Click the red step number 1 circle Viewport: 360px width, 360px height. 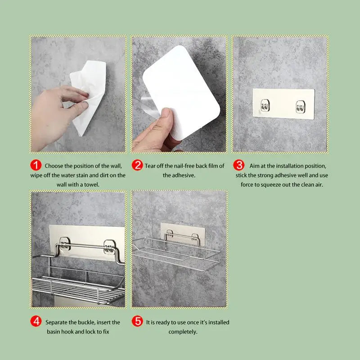point(36,166)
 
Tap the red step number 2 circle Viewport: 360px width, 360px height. point(138,166)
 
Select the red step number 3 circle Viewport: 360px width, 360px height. point(241,166)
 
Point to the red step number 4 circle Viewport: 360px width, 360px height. point(36,322)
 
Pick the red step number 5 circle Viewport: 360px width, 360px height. point(138,322)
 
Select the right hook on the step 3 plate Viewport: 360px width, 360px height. point(300,107)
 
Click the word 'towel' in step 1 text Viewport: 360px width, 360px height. point(90,184)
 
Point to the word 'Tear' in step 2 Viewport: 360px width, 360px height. point(152,166)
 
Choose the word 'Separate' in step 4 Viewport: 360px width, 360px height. point(57,322)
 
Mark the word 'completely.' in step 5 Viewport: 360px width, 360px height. point(183,332)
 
